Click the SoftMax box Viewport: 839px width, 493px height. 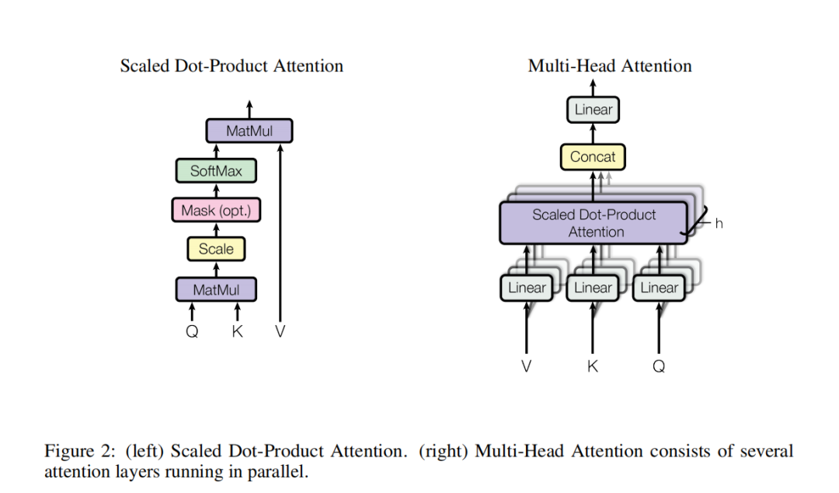coord(216,171)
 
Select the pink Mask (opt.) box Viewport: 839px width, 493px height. coord(216,210)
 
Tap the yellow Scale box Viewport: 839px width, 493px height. coord(216,249)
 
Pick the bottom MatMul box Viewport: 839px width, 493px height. coord(216,289)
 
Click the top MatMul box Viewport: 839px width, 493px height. coord(249,131)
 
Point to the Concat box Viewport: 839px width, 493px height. coord(593,157)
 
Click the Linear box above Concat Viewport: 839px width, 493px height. coord(593,110)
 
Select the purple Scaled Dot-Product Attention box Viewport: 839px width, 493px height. coord(594,223)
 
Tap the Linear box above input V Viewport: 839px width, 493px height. coord(527,288)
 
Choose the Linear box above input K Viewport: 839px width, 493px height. coord(593,288)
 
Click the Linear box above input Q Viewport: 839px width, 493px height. coord(659,288)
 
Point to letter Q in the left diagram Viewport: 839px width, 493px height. coord(192,332)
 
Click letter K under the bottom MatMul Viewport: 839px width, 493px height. coord(237,332)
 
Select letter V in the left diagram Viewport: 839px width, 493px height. coord(280,332)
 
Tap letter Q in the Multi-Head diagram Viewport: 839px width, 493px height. coord(659,366)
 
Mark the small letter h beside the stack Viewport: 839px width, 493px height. coord(719,224)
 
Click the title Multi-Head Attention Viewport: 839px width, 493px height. coord(610,66)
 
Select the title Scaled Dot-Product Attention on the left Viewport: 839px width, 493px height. coord(232,66)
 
